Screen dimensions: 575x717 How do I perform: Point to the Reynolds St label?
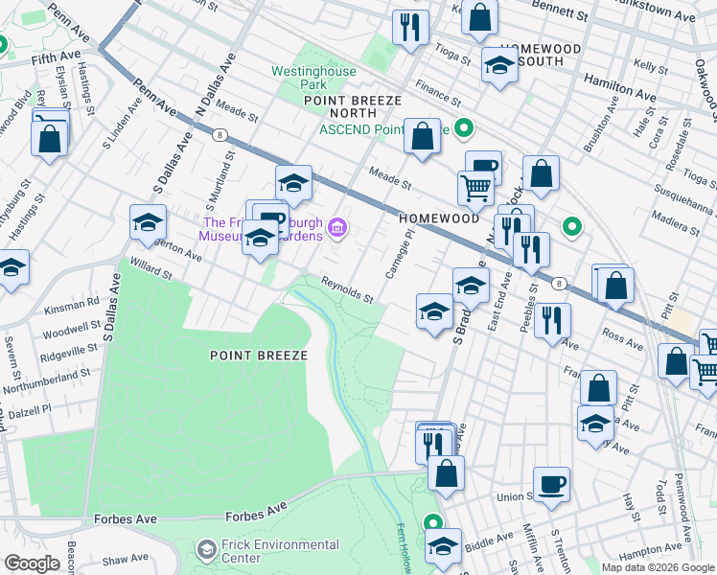[346, 290]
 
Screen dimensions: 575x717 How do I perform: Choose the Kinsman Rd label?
[78, 302]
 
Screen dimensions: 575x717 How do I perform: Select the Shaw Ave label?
[125, 559]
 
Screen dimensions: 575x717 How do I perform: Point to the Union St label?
[515, 496]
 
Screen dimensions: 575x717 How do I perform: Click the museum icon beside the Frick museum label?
[336, 228]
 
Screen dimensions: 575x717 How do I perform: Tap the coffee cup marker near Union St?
[551, 483]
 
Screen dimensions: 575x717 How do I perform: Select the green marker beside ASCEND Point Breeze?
[464, 128]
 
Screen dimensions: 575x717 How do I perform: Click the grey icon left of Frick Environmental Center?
[206, 550]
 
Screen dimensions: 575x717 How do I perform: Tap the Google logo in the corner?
[31, 563]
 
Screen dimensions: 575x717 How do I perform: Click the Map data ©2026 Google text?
[658, 567]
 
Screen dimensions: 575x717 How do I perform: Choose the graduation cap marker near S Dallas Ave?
[148, 222]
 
